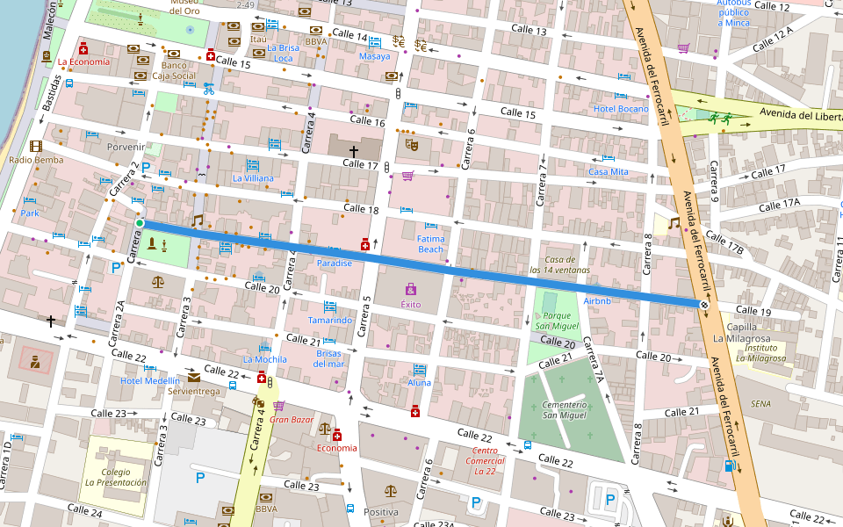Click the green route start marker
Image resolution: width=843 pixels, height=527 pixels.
[140, 223]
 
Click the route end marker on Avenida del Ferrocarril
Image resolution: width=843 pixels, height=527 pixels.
[704, 304]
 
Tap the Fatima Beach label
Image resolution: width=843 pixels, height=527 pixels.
[430, 243]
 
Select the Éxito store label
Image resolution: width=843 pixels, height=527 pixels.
[411, 304]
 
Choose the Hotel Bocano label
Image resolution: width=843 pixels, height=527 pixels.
[621, 109]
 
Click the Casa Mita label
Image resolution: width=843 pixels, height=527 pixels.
[609, 172]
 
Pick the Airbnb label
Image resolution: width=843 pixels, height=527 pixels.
[596, 300]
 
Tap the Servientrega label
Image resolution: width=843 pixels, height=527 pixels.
[194, 391]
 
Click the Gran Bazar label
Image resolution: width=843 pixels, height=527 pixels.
[292, 419]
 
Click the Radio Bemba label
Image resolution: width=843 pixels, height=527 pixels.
[36, 160]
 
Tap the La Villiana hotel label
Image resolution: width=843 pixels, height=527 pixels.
[253, 178]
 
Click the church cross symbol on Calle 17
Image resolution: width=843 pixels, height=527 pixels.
[355, 151]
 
